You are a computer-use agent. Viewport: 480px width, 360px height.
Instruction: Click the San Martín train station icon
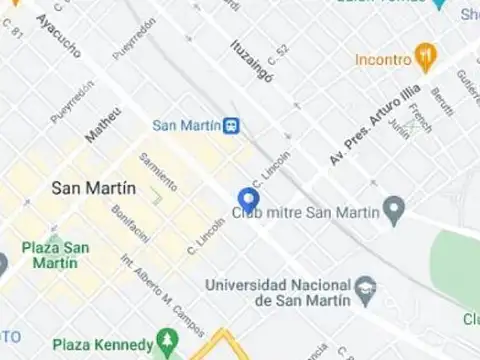click(x=232, y=125)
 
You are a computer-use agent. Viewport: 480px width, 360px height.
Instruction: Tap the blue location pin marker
click(x=247, y=200)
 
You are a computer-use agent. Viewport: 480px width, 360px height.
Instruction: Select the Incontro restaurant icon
click(x=427, y=58)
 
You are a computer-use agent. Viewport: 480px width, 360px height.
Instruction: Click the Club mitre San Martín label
click(x=305, y=212)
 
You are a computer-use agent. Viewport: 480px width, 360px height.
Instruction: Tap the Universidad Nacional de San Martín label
click(x=278, y=292)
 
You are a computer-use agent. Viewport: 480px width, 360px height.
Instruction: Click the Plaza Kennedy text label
click(x=102, y=345)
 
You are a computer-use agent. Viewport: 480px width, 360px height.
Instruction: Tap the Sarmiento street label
click(x=158, y=171)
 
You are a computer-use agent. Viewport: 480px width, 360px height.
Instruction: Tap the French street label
click(x=422, y=119)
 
